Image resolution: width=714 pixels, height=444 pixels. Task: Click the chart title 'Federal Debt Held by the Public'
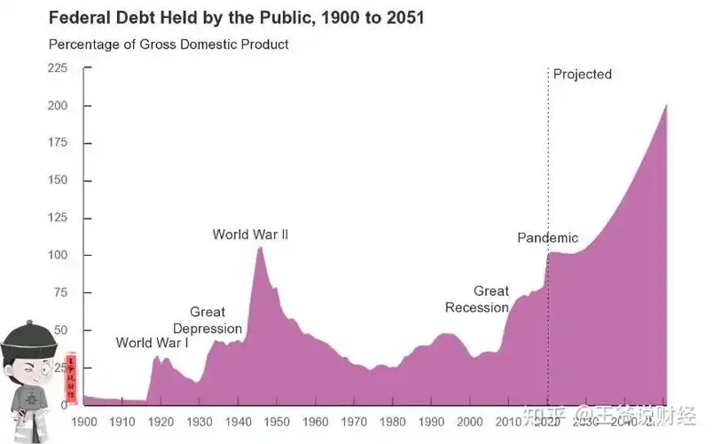236,18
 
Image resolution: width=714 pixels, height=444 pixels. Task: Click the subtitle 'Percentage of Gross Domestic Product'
169,44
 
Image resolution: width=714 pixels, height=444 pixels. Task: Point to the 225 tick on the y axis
58,68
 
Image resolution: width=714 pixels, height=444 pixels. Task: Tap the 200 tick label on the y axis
58,106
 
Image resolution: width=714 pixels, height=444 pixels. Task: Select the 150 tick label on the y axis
58,180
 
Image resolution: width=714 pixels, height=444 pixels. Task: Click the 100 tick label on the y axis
58,255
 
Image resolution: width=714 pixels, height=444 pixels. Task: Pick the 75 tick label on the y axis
60,292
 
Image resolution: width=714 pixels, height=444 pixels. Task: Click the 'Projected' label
582,74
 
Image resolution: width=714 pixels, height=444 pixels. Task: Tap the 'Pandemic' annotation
547,237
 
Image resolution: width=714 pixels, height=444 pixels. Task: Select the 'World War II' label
250,234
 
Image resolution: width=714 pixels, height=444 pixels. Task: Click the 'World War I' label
152,343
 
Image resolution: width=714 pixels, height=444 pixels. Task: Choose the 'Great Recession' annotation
477,299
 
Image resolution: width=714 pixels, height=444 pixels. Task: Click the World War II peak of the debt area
260,248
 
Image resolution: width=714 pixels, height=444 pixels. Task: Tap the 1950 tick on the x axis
277,421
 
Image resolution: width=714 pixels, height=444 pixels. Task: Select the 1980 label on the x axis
393,421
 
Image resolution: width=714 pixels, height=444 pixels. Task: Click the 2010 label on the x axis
509,421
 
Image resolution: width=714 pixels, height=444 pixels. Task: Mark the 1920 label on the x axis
161,421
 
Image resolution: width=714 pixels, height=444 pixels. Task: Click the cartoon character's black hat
27,337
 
